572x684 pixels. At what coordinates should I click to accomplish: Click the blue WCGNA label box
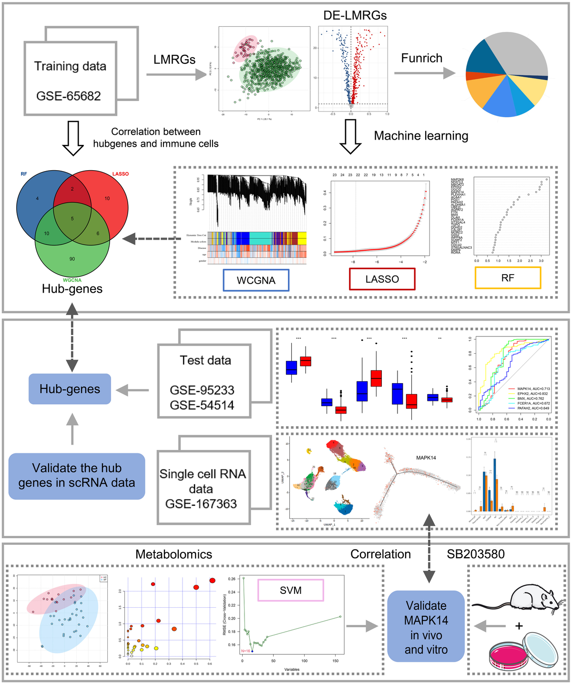pos(256,280)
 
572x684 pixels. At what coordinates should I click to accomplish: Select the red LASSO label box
pos(382,279)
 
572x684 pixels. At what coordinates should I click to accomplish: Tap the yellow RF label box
pos(508,278)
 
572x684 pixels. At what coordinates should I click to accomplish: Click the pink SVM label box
pos(290,590)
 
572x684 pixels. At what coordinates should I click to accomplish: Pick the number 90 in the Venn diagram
pos(72,259)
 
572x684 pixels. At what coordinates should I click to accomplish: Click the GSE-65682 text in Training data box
pos(69,96)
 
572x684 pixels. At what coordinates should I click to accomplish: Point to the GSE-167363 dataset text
pos(201,504)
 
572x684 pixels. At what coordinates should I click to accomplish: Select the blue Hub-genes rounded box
pos(70,389)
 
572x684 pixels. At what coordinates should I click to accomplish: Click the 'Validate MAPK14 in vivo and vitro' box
pos(426,627)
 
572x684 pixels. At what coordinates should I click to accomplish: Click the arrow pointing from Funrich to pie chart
pos(424,73)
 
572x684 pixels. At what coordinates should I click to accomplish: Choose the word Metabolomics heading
pos(174,554)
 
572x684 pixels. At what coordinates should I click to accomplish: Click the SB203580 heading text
pos(475,554)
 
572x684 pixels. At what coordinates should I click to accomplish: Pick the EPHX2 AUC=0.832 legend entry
pos(527,394)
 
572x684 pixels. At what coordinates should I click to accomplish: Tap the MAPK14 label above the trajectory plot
pos(426,458)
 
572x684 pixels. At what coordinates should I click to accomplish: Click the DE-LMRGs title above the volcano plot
pos(355,15)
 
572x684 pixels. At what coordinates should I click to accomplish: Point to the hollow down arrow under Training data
pos(73,138)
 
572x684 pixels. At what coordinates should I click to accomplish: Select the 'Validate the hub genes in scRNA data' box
pos(77,476)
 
